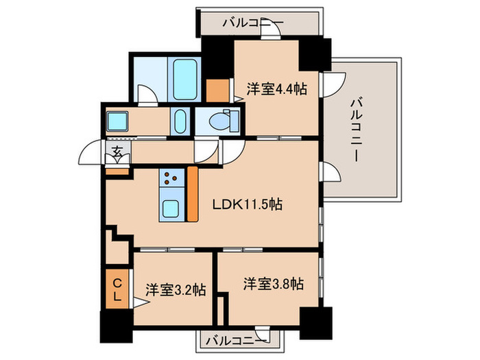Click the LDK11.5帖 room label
[x=248, y=204]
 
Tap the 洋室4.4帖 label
[x=277, y=89]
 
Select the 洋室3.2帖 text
[x=176, y=290]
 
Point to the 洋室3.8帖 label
[x=274, y=284]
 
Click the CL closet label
[x=117, y=289]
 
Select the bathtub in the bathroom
[x=185, y=80]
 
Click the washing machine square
[x=117, y=121]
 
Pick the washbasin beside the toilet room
[x=180, y=121]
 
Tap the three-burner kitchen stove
[x=171, y=178]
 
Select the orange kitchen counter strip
[x=193, y=194]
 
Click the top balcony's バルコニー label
[x=253, y=23]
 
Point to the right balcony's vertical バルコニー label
[x=356, y=129]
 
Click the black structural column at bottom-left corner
[x=117, y=326]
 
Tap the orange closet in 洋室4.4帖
[x=217, y=91]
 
